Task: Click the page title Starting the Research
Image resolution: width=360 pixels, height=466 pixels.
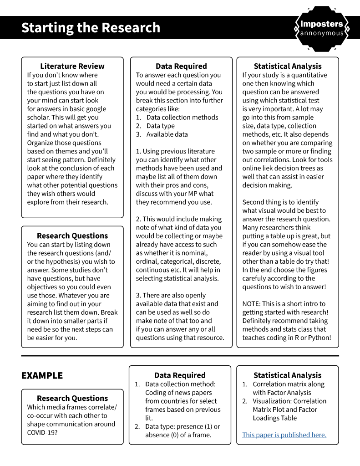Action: click(x=91, y=27)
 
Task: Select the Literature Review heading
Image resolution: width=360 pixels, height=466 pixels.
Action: click(x=72, y=66)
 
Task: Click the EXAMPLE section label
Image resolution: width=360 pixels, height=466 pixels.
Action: click(x=42, y=376)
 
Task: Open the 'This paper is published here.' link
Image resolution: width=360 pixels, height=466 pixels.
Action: click(x=284, y=435)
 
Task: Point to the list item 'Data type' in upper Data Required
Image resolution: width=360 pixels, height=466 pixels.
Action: click(x=161, y=126)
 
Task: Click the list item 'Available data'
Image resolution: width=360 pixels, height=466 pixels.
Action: click(x=167, y=134)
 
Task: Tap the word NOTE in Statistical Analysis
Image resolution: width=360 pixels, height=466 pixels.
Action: click(x=252, y=304)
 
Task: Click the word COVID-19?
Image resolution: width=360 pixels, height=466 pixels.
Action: click(x=45, y=432)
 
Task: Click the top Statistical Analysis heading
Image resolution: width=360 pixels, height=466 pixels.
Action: click(x=288, y=66)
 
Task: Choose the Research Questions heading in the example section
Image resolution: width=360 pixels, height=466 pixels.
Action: click(x=72, y=398)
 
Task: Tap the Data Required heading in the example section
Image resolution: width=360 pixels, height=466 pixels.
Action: click(x=180, y=375)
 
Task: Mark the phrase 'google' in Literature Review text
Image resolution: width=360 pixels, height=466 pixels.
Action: click(x=92, y=109)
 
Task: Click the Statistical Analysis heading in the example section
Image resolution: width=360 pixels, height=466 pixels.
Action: click(x=288, y=375)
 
